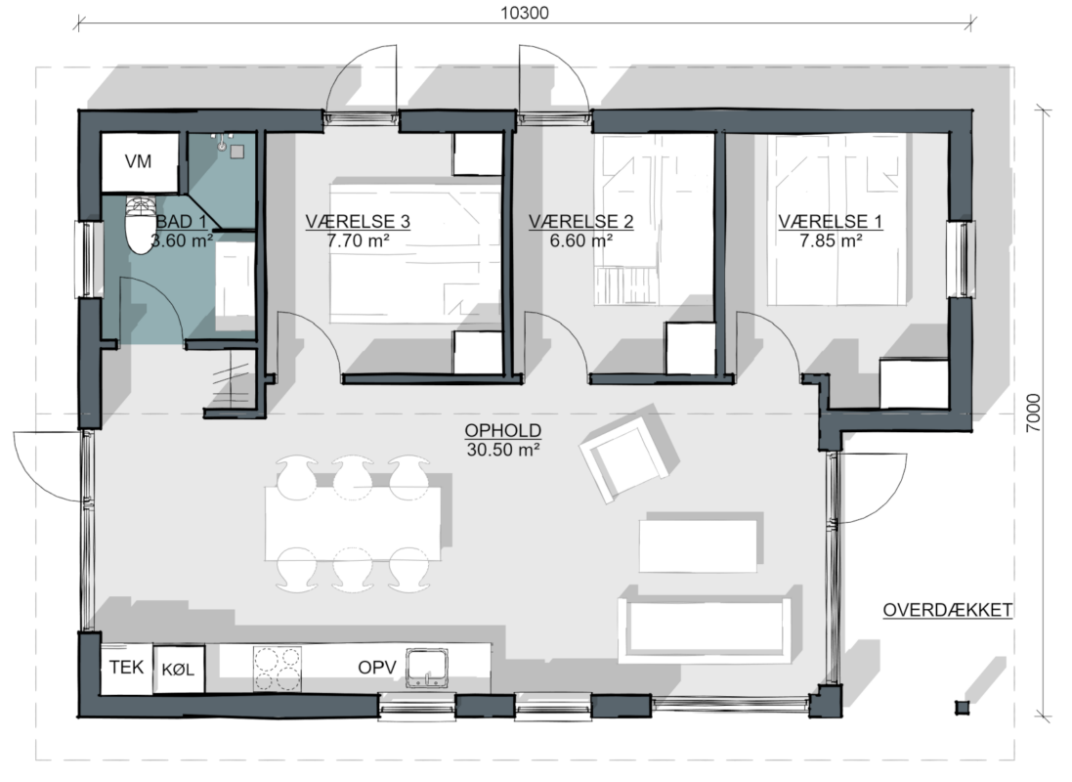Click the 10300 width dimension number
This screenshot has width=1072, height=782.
pos(525,13)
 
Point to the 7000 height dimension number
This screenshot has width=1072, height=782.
pos(1034,413)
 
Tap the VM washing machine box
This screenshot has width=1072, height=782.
pos(140,162)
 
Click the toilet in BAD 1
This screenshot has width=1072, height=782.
pos(141,225)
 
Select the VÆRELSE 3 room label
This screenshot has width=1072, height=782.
pos(358,222)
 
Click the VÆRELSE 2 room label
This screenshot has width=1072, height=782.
pos(580,222)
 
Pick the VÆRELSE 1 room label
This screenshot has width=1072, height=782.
pos(830,222)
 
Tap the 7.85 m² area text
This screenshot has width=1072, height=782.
pos(830,240)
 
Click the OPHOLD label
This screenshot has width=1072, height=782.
pos(502,431)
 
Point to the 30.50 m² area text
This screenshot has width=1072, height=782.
pos(502,450)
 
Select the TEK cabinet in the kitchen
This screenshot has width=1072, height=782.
pos(126,668)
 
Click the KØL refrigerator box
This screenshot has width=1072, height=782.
pos(179,670)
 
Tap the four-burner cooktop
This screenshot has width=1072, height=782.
pos(277,669)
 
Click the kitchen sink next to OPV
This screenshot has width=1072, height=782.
pos(427,669)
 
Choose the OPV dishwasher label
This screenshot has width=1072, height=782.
pos(376,668)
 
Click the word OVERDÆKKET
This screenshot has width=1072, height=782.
pos(947,610)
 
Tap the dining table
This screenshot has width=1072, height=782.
pos(353,523)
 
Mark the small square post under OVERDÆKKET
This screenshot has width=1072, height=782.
pos(963,708)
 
